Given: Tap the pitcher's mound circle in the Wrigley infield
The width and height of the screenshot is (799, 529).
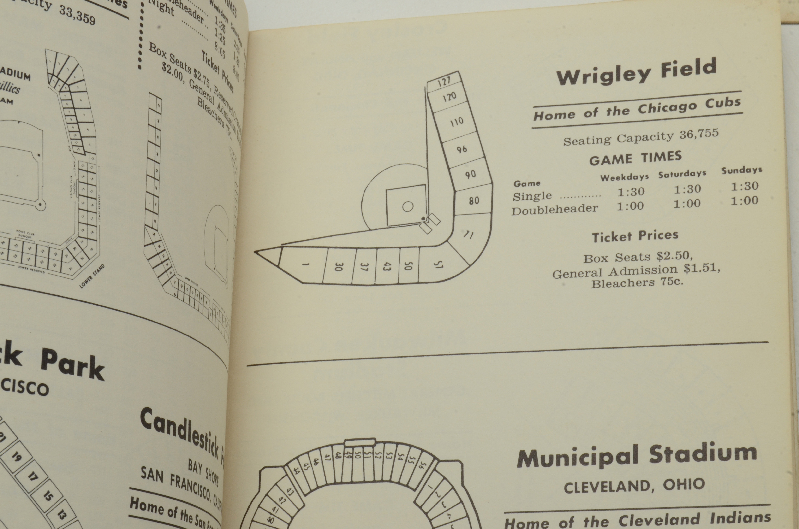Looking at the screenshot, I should coord(408,206).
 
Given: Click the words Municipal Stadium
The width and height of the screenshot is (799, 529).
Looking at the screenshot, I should coord(637,455).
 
